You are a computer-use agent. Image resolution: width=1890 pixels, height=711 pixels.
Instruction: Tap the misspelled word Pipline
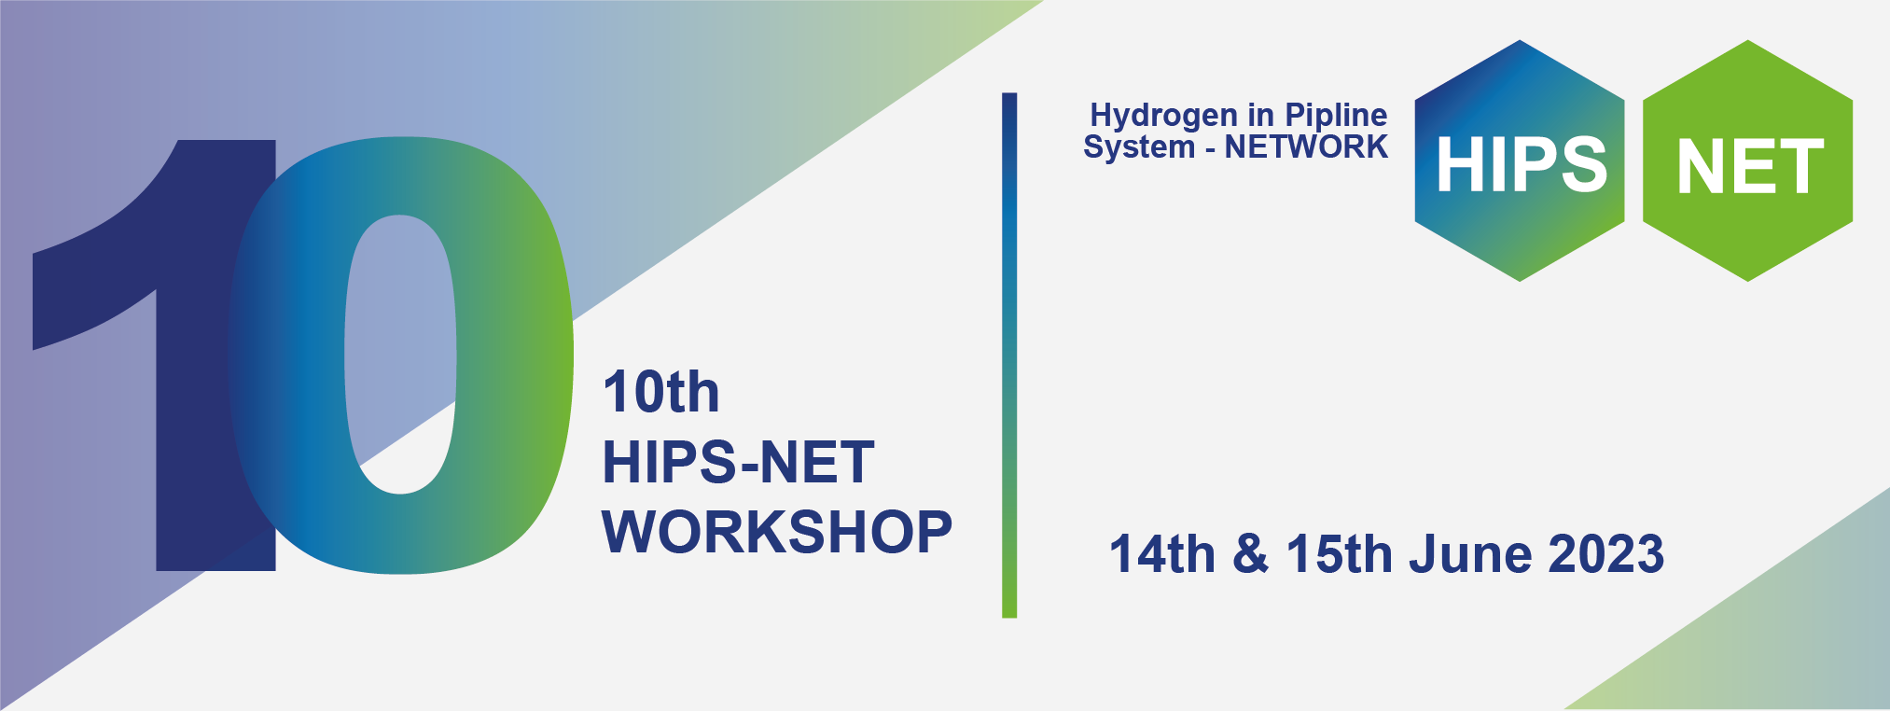pyautogui.click(x=1336, y=117)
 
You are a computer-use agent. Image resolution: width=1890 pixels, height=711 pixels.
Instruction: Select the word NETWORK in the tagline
pyautogui.click(x=1306, y=147)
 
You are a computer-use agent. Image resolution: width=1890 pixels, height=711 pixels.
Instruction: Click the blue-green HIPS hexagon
pyautogui.click(x=1520, y=160)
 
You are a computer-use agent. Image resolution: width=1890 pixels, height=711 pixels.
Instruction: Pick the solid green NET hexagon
pyautogui.click(x=1747, y=160)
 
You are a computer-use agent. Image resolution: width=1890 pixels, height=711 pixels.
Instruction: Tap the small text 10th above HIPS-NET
pyautogui.click(x=661, y=392)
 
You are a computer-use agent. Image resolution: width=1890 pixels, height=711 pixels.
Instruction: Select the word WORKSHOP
pyautogui.click(x=777, y=533)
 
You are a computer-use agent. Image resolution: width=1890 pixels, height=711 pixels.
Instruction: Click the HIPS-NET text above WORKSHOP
pyautogui.click(x=738, y=463)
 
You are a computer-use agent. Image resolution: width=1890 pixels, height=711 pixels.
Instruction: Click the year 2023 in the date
pyautogui.click(x=1606, y=554)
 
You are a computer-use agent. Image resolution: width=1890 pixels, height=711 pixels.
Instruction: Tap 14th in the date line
pyautogui.click(x=1162, y=554)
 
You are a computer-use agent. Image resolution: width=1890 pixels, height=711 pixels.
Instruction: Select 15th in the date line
pyautogui.click(x=1340, y=554)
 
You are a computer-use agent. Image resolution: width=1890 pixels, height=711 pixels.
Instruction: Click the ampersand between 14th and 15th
pyautogui.click(x=1251, y=555)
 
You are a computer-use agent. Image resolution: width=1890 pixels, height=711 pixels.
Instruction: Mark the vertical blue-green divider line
pyautogui.click(x=1009, y=355)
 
